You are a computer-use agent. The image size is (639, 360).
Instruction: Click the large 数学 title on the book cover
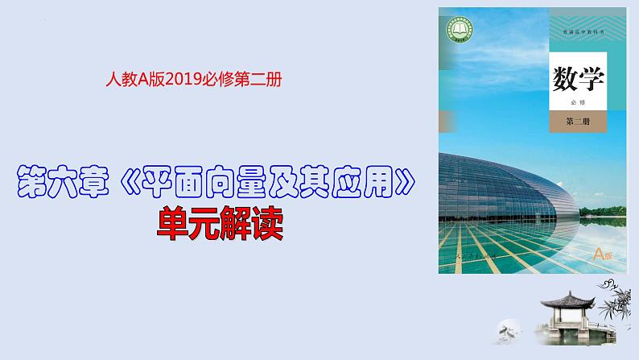(578, 79)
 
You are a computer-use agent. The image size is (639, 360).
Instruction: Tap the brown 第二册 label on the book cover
(578, 123)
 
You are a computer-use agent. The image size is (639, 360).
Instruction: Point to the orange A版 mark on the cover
(602, 254)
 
